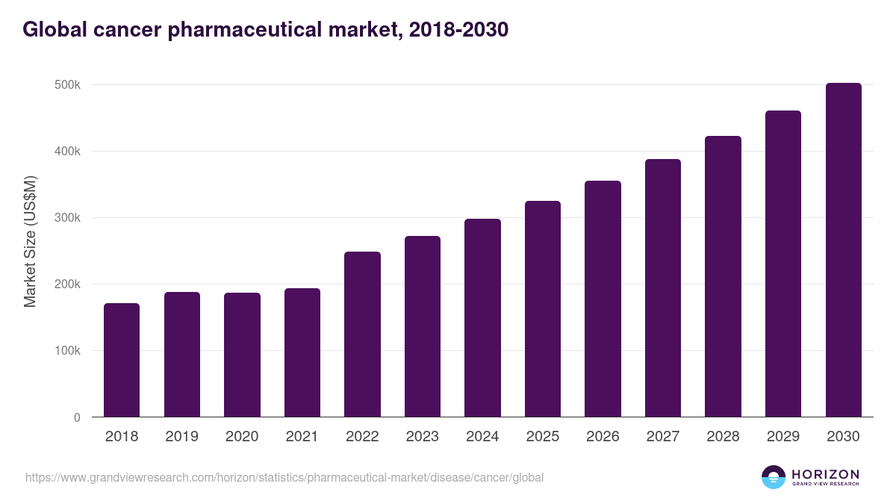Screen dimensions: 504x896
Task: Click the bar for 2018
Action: coord(122,360)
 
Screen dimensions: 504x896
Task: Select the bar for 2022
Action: coord(362,335)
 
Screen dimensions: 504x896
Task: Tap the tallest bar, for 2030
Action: coord(843,250)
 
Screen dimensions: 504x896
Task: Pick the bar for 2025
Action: coord(543,309)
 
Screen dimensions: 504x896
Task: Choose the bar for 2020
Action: coord(242,355)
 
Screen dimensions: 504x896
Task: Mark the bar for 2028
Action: coord(723,276)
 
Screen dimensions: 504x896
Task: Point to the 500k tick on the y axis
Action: coord(66,85)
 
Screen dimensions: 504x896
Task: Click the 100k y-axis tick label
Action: coord(66,351)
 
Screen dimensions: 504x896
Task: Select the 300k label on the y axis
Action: coord(66,218)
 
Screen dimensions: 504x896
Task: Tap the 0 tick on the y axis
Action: coord(76,417)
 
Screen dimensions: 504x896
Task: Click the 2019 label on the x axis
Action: coord(181,437)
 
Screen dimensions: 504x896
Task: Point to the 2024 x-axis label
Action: coord(482,437)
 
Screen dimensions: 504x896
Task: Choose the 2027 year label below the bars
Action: coord(662,437)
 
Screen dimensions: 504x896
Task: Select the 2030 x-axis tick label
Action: coord(843,437)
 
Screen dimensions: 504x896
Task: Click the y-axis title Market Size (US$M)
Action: coord(30,241)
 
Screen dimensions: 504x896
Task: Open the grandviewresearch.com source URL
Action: coord(284,477)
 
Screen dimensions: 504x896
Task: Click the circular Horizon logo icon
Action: coord(774,477)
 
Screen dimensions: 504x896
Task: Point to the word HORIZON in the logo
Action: coord(825,474)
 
